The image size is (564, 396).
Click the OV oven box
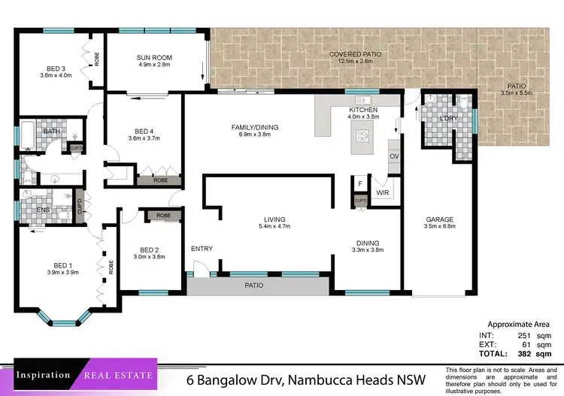tap(393, 156)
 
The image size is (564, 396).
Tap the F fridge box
tap(360, 183)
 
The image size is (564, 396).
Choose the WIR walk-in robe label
tap(382, 193)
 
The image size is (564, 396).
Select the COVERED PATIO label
tap(355, 55)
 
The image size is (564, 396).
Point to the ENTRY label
tap(202, 249)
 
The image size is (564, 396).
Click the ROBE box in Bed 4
tap(160, 180)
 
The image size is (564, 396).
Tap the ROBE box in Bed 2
tap(163, 216)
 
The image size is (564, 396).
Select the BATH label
tap(52, 131)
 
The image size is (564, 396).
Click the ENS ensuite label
tap(44, 210)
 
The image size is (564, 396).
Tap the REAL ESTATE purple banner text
tap(117, 375)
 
